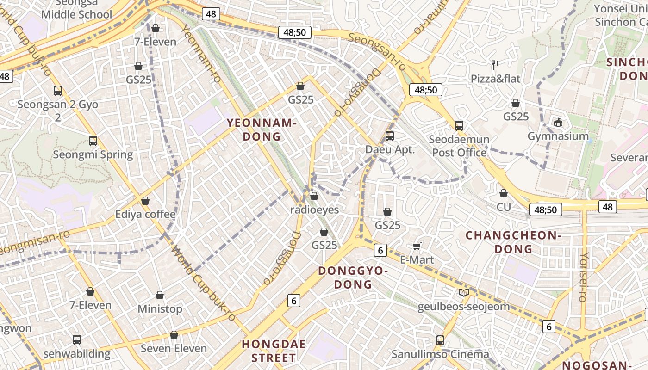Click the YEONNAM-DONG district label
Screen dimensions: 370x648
pyautogui.click(x=262, y=129)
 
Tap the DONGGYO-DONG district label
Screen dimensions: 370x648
pyautogui.click(x=353, y=277)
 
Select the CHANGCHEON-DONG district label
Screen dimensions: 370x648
pyautogui.click(x=513, y=242)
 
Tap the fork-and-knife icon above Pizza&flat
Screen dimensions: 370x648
pyautogui.click(x=495, y=65)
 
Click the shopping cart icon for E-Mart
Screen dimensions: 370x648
pyautogui.click(x=417, y=247)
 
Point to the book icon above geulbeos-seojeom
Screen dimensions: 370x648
pyautogui.click(x=463, y=292)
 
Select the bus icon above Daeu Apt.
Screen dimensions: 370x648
pyautogui.click(x=390, y=136)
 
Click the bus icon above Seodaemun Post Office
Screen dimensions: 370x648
pyautogui.click(x=459, y=125)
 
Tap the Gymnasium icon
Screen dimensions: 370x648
pyautogui.click(x=558, y=122)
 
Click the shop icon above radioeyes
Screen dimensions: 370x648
pyautogui.click(x=314, y=196)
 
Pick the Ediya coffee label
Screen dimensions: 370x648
pyautogui.click(x=145, y=214)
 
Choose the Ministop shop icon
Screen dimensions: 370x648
pyautogui.click(x=160, y=295)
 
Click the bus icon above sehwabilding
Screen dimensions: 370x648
pyautogui.click(x=77, y=340)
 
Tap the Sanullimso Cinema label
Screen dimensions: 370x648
pyautogui.click(x=440, y=354)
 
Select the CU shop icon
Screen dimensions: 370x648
pyautogui.click(x=504, y=193)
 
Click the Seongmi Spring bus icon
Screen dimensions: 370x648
pyautogui.click(x=93, y=141)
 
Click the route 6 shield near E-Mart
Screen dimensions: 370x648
pyautogui.click(x=380, y=250)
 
